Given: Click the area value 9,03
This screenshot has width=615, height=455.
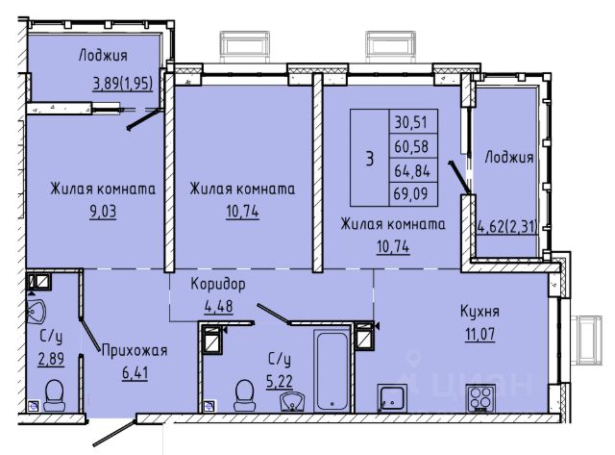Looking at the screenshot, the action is click(103, 212).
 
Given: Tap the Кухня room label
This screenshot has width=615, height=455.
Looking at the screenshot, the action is click(480, 312).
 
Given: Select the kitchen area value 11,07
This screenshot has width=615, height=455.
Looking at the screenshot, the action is click(480, 335).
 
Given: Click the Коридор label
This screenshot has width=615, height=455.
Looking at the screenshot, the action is click(218, 284).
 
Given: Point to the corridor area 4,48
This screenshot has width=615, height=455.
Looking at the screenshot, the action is click(218, 306).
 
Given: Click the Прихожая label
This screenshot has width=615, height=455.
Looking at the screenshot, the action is click(135, 350).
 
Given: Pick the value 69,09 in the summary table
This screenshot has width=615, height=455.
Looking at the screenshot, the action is click(410, 193).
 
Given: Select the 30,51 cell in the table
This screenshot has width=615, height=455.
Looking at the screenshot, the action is click(410, 122).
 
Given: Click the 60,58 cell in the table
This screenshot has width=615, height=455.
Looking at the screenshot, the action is click(411, 146).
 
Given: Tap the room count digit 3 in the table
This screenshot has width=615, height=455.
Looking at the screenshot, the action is click(369, 159).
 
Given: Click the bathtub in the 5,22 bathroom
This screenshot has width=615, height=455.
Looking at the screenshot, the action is click(332, 370).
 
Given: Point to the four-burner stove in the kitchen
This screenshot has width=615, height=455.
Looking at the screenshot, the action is click(480, 398).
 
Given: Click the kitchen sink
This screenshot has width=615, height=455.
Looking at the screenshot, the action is click(392, 398).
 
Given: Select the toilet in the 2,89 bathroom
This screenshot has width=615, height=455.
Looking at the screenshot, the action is click(55, 394).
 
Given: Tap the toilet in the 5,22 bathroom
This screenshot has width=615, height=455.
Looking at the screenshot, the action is click(244, 394).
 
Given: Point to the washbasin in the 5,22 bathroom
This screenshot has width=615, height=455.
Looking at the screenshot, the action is click(292, 401).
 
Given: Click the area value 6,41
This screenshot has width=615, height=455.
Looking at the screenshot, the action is click(135, 372).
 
